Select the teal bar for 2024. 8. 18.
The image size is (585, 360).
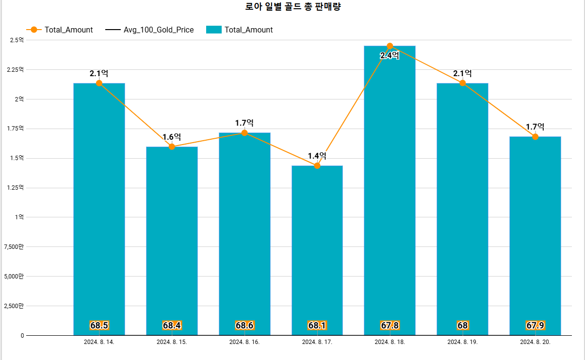[390, 194]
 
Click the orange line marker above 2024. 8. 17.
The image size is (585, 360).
[317, 166]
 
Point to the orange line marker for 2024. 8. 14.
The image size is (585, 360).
[99, 83]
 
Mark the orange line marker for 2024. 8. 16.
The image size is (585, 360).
[244, 133]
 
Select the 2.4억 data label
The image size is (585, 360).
[390, 56]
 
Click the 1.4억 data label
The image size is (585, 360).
[317, 156]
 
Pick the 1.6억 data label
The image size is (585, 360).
[172, 137]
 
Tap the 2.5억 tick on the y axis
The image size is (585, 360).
[17, 40]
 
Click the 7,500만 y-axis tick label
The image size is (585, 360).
[14, 247]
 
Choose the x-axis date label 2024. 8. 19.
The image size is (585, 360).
[462, 342]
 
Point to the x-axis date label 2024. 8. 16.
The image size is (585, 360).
[244, 342]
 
